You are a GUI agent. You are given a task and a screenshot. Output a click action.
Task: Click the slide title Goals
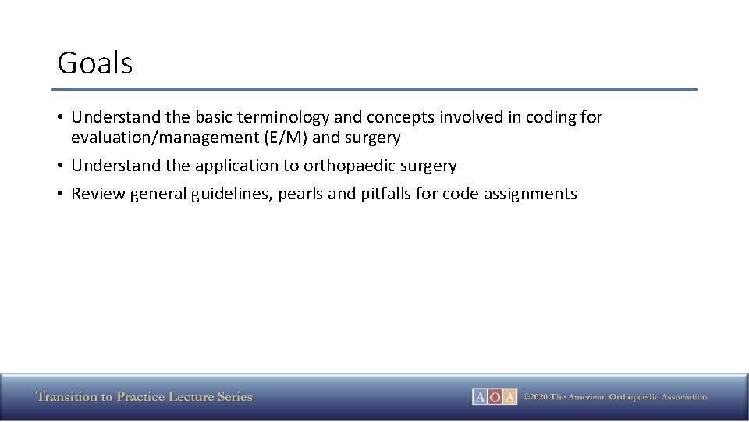click(95, 63)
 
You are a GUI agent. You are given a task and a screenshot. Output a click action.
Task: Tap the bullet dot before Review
click(60, 194)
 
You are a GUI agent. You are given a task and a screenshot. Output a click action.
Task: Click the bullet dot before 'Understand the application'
click(60, 166)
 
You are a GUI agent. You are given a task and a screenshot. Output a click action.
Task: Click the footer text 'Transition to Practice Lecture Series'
click(144, 397)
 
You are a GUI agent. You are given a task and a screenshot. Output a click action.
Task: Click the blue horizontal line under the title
click(374, 89)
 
